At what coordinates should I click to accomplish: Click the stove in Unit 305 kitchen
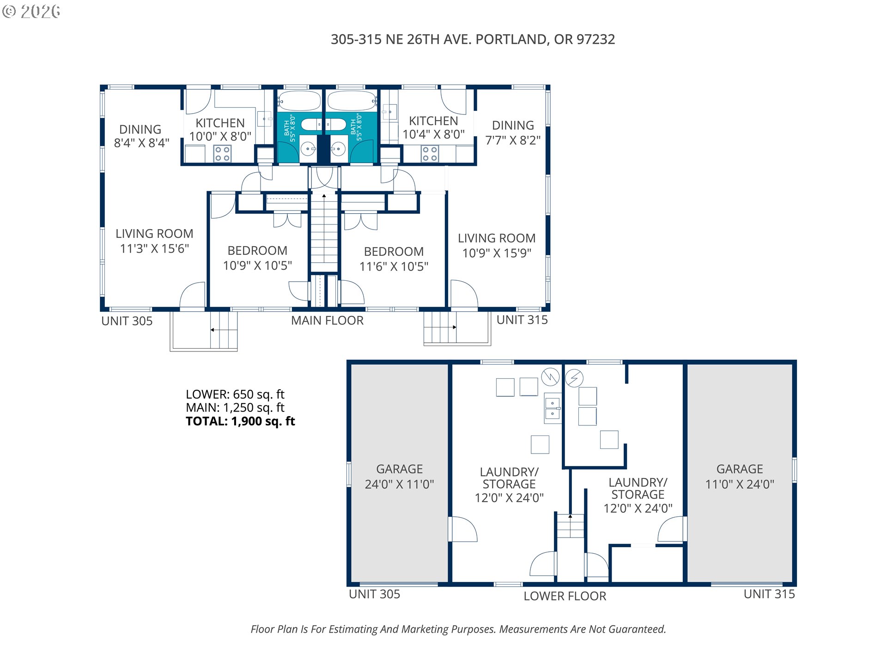(223, 154)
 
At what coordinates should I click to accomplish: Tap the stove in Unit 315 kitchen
(430, 154)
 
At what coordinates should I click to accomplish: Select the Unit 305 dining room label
(141, 136)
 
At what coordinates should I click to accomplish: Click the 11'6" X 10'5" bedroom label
(394, 259)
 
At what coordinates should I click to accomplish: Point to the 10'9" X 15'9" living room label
(497, 245)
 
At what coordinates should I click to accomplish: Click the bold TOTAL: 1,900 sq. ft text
(240, 421)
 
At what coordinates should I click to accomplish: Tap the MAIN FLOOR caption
(327, 320)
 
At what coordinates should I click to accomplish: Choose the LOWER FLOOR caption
(565, 596)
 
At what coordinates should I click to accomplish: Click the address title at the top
(473, 39)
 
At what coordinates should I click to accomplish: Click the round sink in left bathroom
(308, 149)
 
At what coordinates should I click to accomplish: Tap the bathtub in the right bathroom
(352, 101)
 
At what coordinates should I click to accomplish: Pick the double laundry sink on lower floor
(553, 408)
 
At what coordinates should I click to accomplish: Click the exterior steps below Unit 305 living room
(224, 330)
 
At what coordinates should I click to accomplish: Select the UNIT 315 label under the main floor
(522, 320)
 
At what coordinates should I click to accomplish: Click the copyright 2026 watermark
(31, 11)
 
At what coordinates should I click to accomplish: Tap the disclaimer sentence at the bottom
(458, 629)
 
